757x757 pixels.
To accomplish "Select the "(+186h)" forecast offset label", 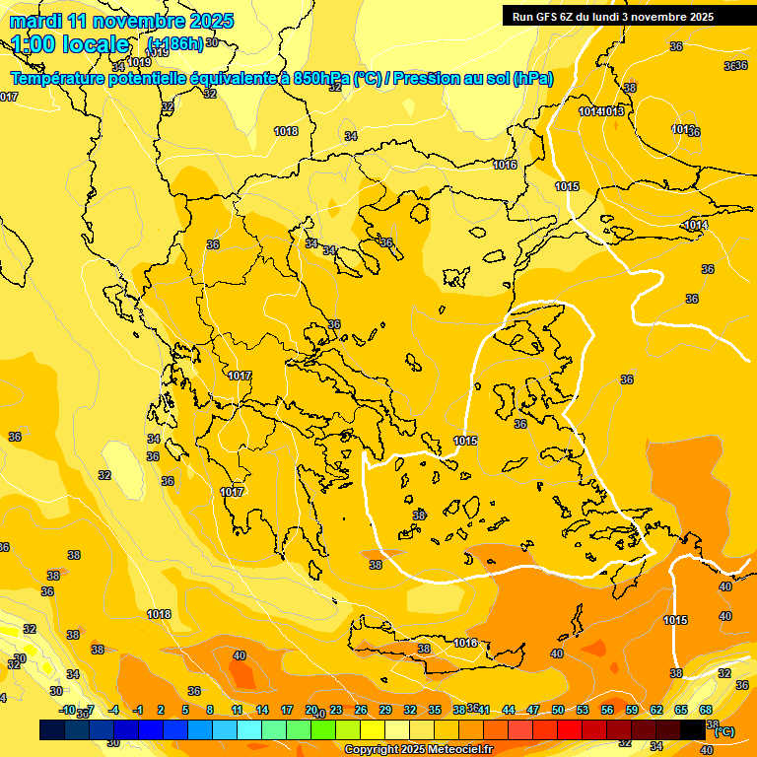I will pyautogui.click(x=175, y=44).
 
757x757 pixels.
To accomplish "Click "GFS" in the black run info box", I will pyautogui.click(x=549, y=17).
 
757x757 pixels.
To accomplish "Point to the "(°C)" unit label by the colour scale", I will pyautogui.click(x=723, y=731).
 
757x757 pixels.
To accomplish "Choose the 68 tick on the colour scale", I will pyautogui.click(x=706, y=710).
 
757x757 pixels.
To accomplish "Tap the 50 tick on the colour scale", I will pyautogui.click(x=558, y=710).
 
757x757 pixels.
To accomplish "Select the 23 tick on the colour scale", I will pyautogui.click(x=336, y=710).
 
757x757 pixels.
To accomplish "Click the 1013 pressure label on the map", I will pyautogui.click(x=613, y=111).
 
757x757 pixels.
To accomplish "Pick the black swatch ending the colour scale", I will pyautogui.click(x=693, y=729).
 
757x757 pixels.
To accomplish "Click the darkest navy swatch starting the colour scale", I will pyautogui.click(x=52, y=729).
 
